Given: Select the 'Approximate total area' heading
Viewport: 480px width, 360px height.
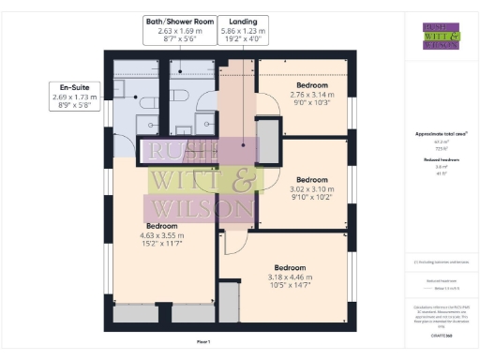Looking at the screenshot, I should pyautogui.click(x=433, y=134).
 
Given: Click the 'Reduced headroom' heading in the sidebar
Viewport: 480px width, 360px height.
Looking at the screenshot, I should pyautogui.click(x=433, y=160).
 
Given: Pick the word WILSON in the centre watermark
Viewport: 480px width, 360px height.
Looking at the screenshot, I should pyautogui.click(x=200, y=207).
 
